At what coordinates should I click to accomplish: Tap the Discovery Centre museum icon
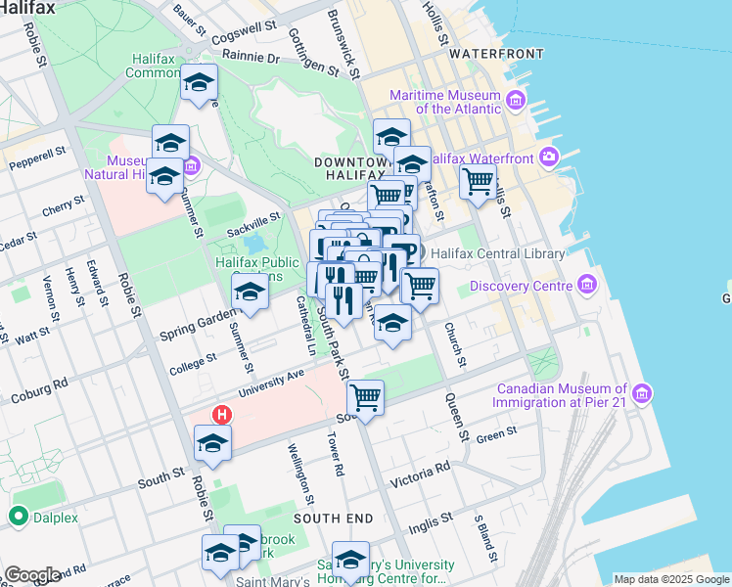pos(587,286)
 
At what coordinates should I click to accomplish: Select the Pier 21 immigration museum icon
pos(642,393)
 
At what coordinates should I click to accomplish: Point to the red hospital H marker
pos(222,415)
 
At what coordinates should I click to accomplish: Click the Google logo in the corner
pos(31,575)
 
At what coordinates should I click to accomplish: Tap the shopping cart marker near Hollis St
pos(478,180)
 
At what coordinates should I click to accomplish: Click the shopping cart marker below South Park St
pos(365,396)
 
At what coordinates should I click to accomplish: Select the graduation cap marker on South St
pos(212,442)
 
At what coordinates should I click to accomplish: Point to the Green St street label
pos(496,434)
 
